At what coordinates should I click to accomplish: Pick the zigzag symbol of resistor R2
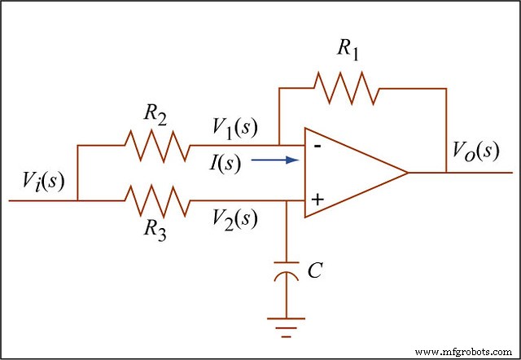pyautogui.click(x=156, y=147)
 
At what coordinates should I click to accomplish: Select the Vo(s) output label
pyautogui.click(x=475, y=151)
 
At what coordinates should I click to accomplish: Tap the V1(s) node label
pyautogui.click(x=234, y=126)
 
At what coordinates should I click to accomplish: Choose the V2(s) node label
pyautogui.click(x=234, y=218)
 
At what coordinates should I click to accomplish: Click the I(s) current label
pyautogui.click(x=225, y=162)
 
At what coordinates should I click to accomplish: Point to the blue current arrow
pyautogui.click(x=272, y=160)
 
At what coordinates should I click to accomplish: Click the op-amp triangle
pyautogui.click(x=350, y=173)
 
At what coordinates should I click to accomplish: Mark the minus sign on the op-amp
pyautogui.click(x=316, y=146)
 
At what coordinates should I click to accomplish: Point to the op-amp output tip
pyautogui.click(x=406, y=173)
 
